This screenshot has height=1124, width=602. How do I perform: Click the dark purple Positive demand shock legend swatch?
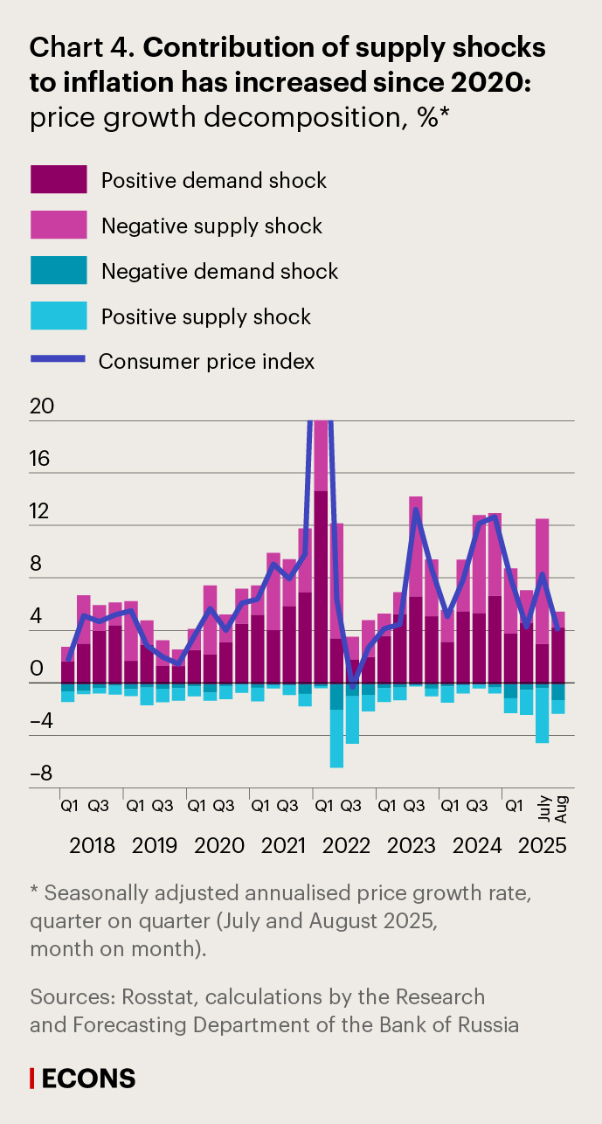point(59,179)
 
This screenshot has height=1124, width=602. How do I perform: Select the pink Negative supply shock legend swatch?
point(59,225)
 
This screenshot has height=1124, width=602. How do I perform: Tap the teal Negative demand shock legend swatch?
point(59,270)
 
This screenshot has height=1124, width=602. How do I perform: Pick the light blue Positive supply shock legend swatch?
point(59,316)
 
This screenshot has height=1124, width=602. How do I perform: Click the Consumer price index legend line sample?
point(59,359)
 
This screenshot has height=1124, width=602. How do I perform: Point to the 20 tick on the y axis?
point(41,407)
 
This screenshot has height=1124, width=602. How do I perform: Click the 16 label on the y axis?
point(41,460)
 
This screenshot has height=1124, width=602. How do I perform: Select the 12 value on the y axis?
point(41,512)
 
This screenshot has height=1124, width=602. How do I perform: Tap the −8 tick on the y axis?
point(41,774)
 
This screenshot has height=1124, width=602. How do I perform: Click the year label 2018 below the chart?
point(93,845)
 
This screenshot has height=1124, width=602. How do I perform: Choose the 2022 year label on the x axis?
point(346,845)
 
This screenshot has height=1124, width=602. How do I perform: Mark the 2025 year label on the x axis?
point(544,845)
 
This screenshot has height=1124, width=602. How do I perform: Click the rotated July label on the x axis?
point(543,808)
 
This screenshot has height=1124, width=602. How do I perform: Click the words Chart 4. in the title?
point(83,49)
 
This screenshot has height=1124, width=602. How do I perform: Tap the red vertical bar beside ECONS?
point(32,1079)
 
